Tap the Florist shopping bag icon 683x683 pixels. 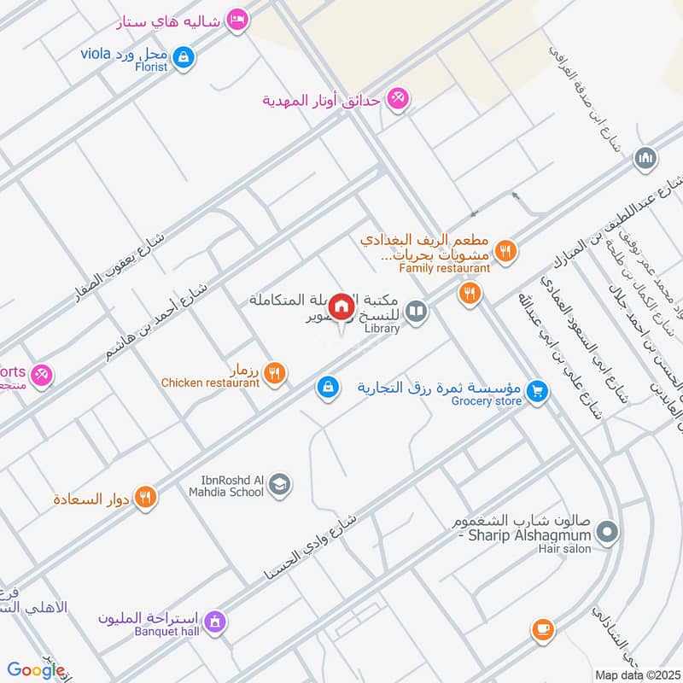(182, 58)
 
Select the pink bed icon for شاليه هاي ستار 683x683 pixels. (238, 20)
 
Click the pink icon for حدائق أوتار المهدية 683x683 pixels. (396, 99)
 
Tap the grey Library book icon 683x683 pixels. (417, 312)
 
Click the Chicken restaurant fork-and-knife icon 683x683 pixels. (274, 371)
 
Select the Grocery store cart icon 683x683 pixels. (536, 390)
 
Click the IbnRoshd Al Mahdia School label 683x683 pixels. (226, 486)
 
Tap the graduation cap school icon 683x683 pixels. (279, 486)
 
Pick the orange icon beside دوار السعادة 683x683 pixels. (146, 496)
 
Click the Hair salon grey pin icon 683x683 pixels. (607, 534)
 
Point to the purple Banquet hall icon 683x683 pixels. (215, 621)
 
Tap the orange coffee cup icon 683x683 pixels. (541, 630)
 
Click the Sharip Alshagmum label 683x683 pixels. (527, 534)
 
